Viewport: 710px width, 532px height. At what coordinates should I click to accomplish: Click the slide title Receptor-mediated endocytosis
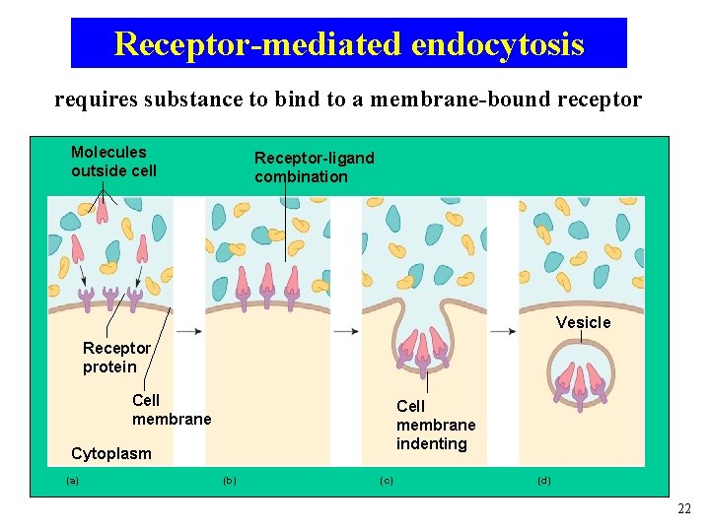349,43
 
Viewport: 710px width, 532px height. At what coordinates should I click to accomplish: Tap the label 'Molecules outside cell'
113,162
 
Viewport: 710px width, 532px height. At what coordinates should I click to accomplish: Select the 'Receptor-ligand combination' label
314,167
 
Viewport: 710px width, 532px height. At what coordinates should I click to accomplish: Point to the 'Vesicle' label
583,323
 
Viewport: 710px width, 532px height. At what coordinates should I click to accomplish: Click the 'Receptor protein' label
116,358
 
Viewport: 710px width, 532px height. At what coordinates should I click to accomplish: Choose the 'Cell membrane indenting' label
435,425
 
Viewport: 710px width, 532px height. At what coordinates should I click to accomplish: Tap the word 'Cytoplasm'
111,454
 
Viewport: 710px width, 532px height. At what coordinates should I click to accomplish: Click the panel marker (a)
72,481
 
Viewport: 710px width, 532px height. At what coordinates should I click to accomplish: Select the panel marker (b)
230,481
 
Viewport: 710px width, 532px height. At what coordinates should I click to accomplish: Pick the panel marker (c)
387,481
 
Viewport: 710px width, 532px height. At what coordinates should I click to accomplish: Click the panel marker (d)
544,481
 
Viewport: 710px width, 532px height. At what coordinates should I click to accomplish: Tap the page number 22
684,508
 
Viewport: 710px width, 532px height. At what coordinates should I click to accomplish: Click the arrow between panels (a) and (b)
189,332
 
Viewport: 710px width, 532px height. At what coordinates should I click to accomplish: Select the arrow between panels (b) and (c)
346,332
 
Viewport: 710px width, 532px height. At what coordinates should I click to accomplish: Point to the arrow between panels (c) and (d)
503,332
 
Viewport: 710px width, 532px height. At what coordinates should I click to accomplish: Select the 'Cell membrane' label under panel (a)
171,410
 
